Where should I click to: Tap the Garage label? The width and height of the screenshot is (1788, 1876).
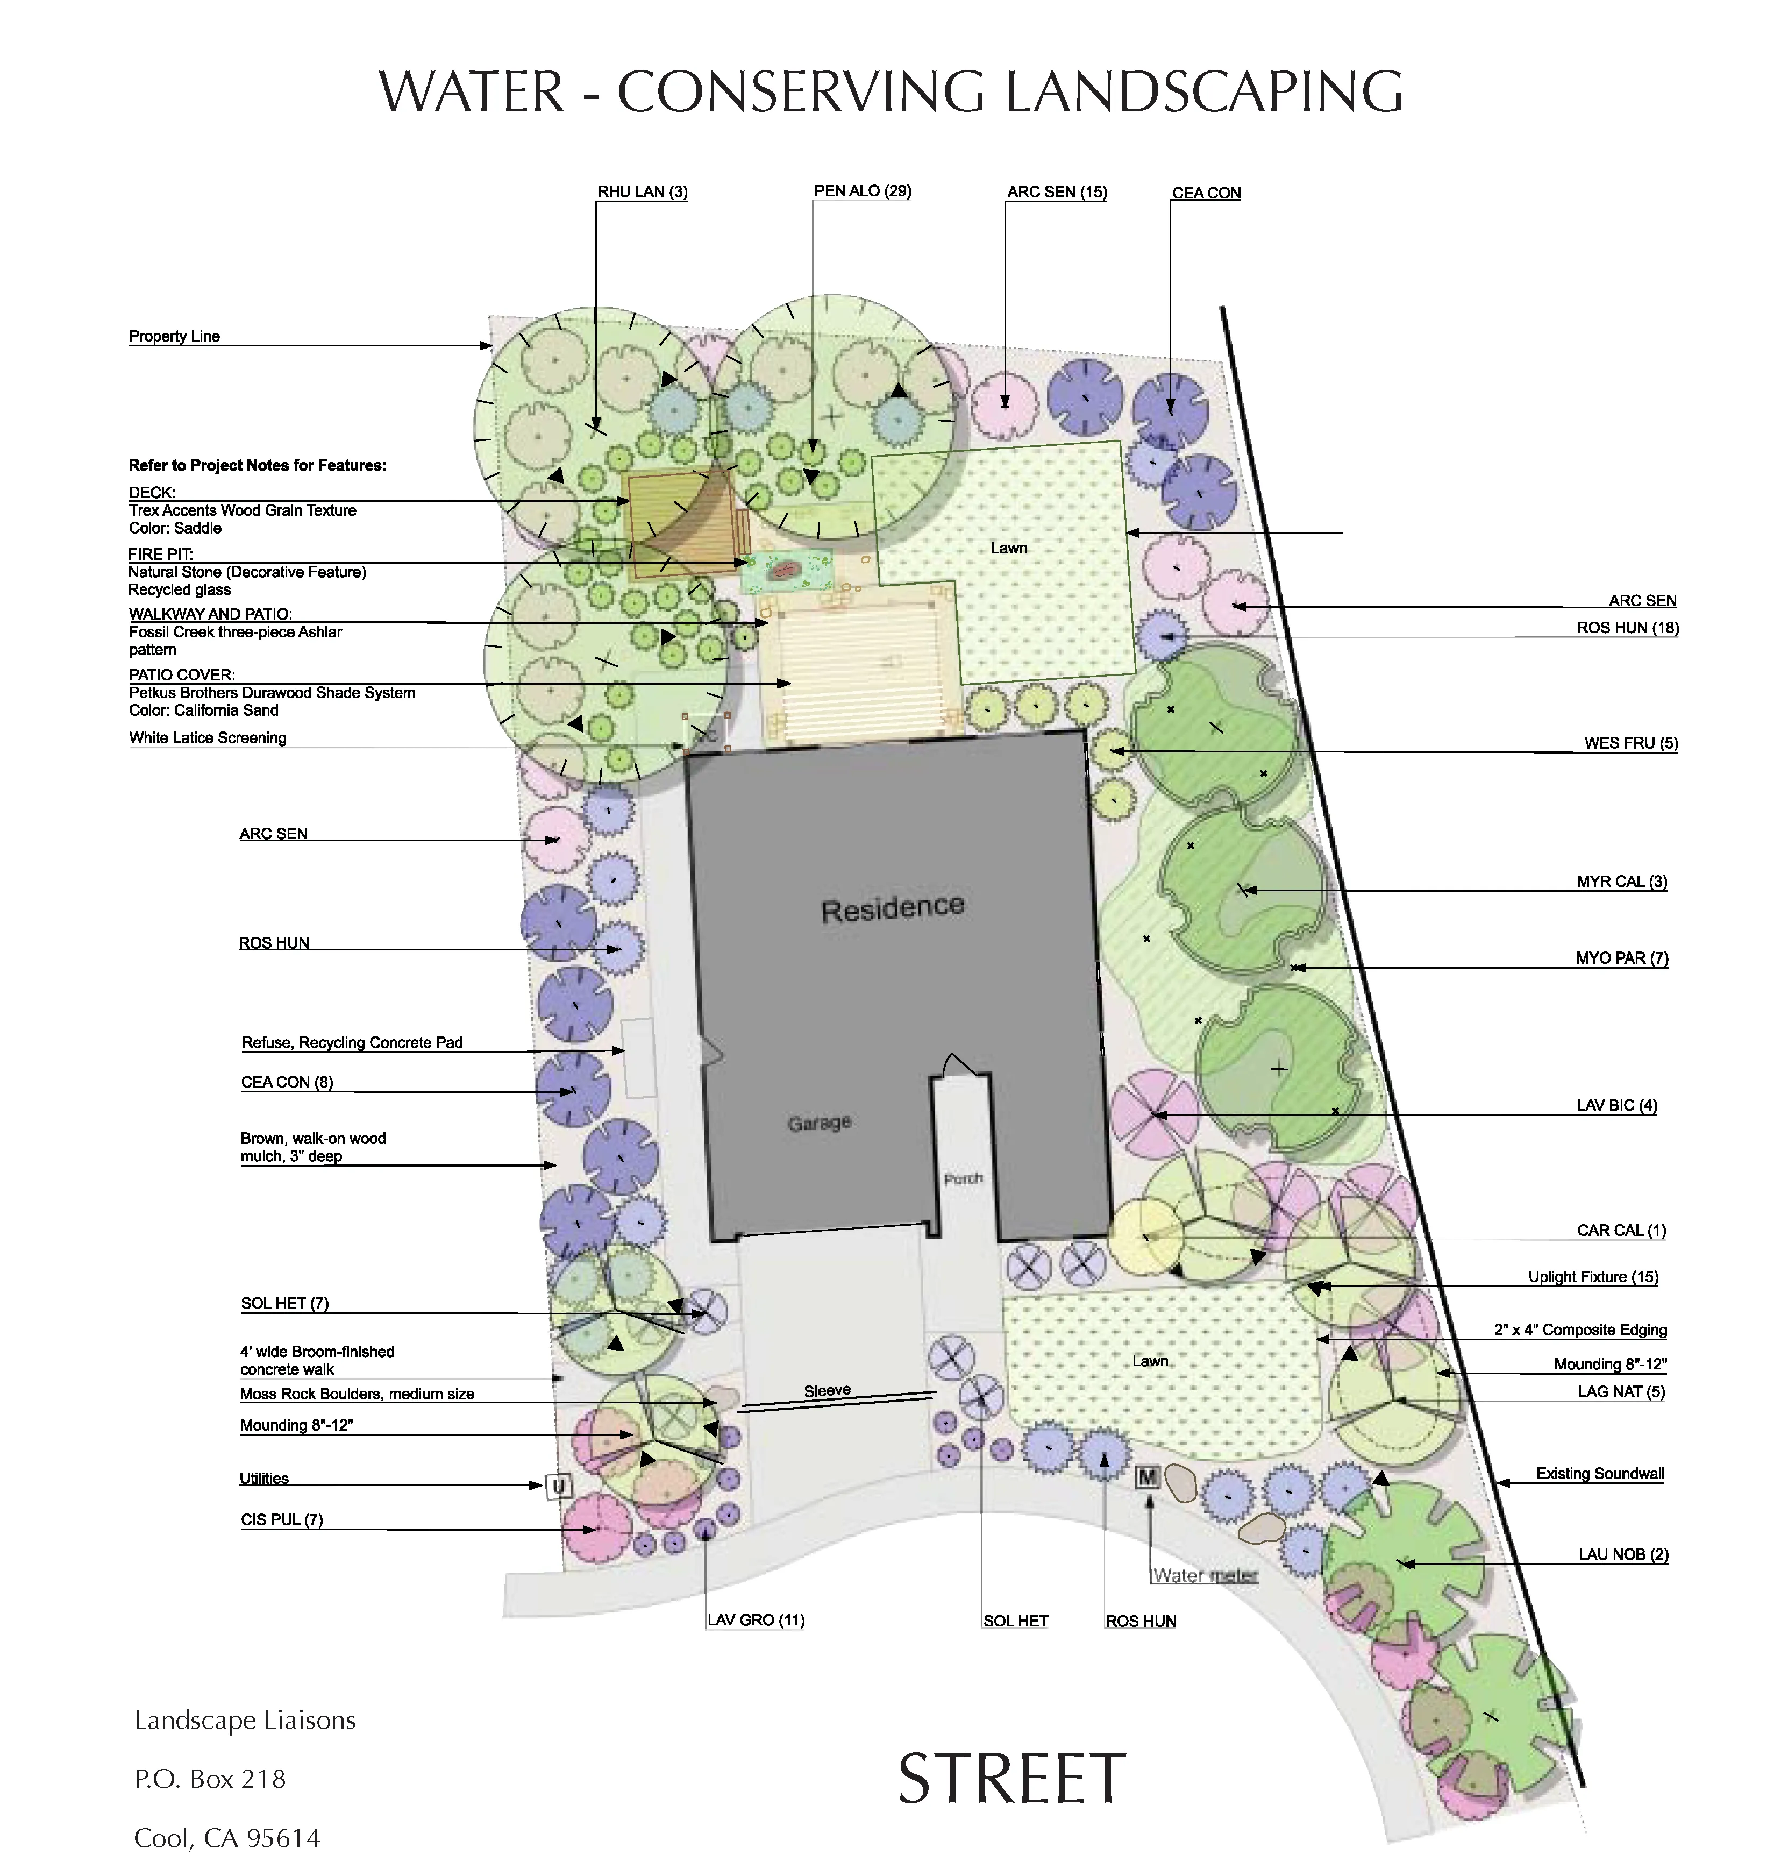pos(818,1123)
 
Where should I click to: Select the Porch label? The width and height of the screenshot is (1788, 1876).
pos(963,1179)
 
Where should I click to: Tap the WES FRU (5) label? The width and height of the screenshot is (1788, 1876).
pos(1630,743)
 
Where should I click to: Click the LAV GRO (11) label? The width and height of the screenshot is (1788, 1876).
pos(756,1619)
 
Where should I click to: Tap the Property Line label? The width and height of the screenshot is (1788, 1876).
pos(174,337)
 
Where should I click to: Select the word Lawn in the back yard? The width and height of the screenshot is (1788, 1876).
pos(1008,547)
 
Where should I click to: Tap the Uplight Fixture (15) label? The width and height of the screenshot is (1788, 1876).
pos(1593,1277)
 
